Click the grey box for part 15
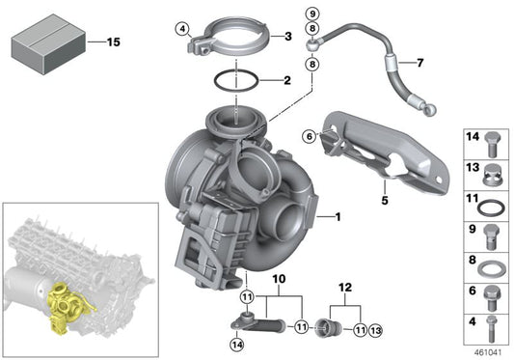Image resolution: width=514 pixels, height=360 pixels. [45, 43]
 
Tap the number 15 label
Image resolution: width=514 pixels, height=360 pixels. [113, 42]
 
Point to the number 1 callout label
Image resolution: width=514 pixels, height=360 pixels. [337, 217]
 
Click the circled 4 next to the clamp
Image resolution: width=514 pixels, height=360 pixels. [181, 29]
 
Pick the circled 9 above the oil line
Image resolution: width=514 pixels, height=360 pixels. [311, 13]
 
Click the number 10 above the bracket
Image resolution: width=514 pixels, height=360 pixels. [279, 282]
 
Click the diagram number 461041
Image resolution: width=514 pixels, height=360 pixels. [487, 352]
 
